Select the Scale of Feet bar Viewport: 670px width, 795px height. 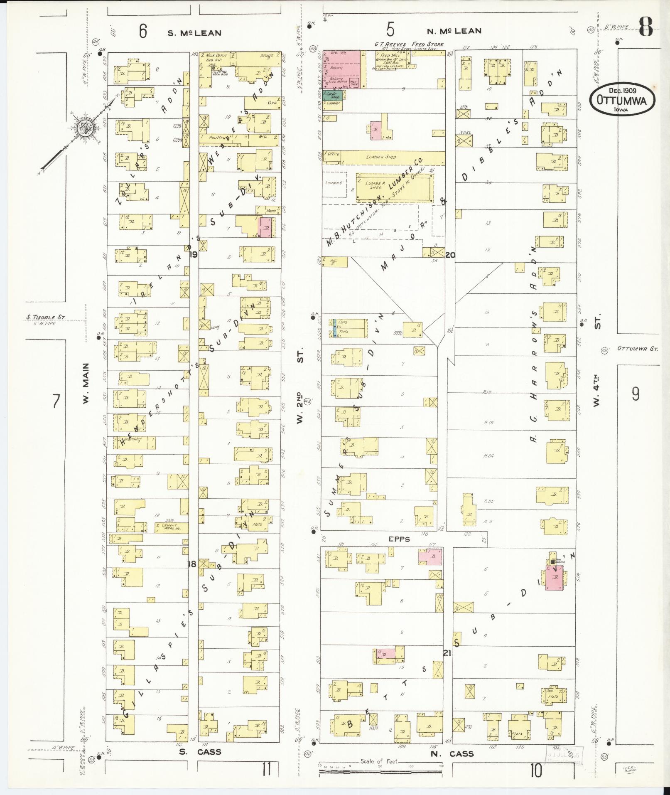(x=380, y=773)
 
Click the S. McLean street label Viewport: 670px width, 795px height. (x=194, y=33)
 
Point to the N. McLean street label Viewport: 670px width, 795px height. (x=454, y=31)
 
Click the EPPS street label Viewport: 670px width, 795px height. (x=399, y=539)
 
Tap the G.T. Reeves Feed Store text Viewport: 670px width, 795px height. (x=409, y=44)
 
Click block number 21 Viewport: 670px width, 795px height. (x=447, y=654)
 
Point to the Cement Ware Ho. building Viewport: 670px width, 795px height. (x=171, y=528)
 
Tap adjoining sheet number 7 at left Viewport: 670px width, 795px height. (x=56, y=401)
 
